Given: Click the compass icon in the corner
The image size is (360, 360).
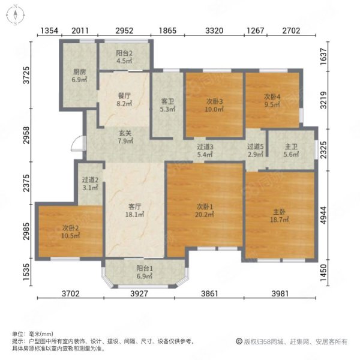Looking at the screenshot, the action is tap(16, 15).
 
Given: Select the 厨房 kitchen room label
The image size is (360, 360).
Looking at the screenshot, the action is tap(79, 72).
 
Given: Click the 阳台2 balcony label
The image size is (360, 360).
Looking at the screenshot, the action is tap(124, 53).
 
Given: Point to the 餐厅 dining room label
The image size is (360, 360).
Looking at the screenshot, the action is tap(124, 96).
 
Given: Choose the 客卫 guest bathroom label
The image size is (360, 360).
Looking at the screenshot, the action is tap(167, 101).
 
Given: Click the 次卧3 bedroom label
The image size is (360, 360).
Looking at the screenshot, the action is tap(214, 101).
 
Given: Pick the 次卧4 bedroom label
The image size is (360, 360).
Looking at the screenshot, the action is tap(272, 97).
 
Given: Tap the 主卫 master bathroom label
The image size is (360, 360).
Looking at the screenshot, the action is tap(291, 146).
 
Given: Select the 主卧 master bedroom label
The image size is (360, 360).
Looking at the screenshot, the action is tap(279, 212).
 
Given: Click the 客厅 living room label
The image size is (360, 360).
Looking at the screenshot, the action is tap(134, 206).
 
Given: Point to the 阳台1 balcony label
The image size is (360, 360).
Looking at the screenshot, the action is tap(145, 268).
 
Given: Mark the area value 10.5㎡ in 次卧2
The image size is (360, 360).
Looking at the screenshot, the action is tap(70, 236).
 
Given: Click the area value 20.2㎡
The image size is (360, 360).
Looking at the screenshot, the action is tap(205, 214).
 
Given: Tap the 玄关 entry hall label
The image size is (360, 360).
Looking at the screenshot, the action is tap(125, 133).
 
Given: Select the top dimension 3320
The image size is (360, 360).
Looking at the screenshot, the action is tap(214, 31).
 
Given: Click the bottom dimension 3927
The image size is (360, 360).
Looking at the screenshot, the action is tap(139, 293).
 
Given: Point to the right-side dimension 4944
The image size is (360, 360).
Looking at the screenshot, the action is tap(323, 215).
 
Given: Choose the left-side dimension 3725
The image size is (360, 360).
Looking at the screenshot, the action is tap(26, 75).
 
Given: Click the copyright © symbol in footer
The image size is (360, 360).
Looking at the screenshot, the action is tap(239, 341).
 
